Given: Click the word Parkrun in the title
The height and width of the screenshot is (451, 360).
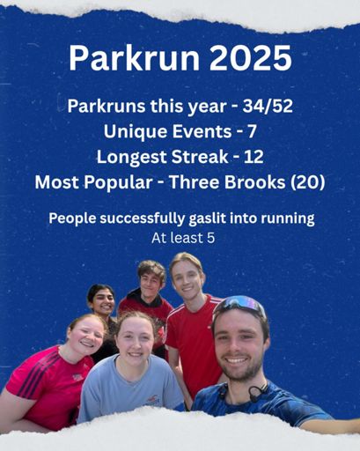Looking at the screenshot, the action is click(134, 57).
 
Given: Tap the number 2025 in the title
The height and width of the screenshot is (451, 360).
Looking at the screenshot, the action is click(250, 57).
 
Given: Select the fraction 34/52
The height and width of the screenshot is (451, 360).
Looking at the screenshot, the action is click(268, 106).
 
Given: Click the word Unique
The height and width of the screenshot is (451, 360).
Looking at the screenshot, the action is click(136, 132).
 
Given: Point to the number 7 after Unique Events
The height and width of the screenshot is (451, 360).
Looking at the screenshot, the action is click(252, 132).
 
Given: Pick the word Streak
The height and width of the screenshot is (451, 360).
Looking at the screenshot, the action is click(200, 157).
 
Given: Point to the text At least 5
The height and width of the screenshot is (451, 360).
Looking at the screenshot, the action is click(183, 238).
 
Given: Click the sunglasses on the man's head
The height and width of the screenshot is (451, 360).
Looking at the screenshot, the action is click(239, 305).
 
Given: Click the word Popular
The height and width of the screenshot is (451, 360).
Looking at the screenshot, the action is click(119, 182).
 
